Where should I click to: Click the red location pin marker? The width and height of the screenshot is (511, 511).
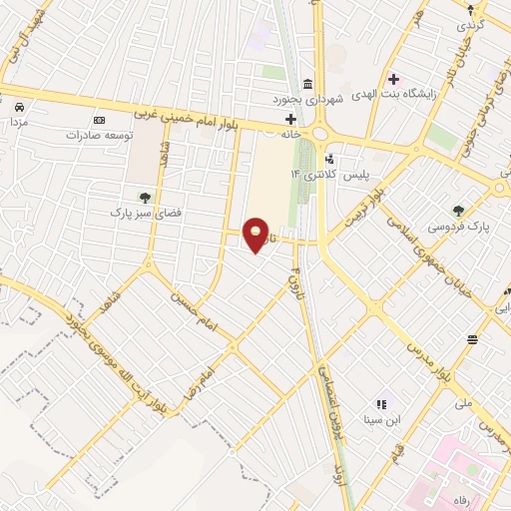tap(256, 234)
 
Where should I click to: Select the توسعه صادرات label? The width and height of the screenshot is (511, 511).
tap(99, 134)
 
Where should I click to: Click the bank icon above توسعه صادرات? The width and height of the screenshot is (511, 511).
tap(98, 120)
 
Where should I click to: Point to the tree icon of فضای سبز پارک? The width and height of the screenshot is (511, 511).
tap(146, 197)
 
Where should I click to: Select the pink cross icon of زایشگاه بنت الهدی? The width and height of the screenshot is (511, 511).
tap(393, 79)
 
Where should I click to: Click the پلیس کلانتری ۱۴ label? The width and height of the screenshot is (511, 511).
tap(329, 174)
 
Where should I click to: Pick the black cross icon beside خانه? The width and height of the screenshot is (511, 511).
tap(290, 118)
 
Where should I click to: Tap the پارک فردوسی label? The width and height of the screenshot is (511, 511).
tap(458, 227)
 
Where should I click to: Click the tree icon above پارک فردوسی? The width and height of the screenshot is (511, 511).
tap(458, 211)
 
